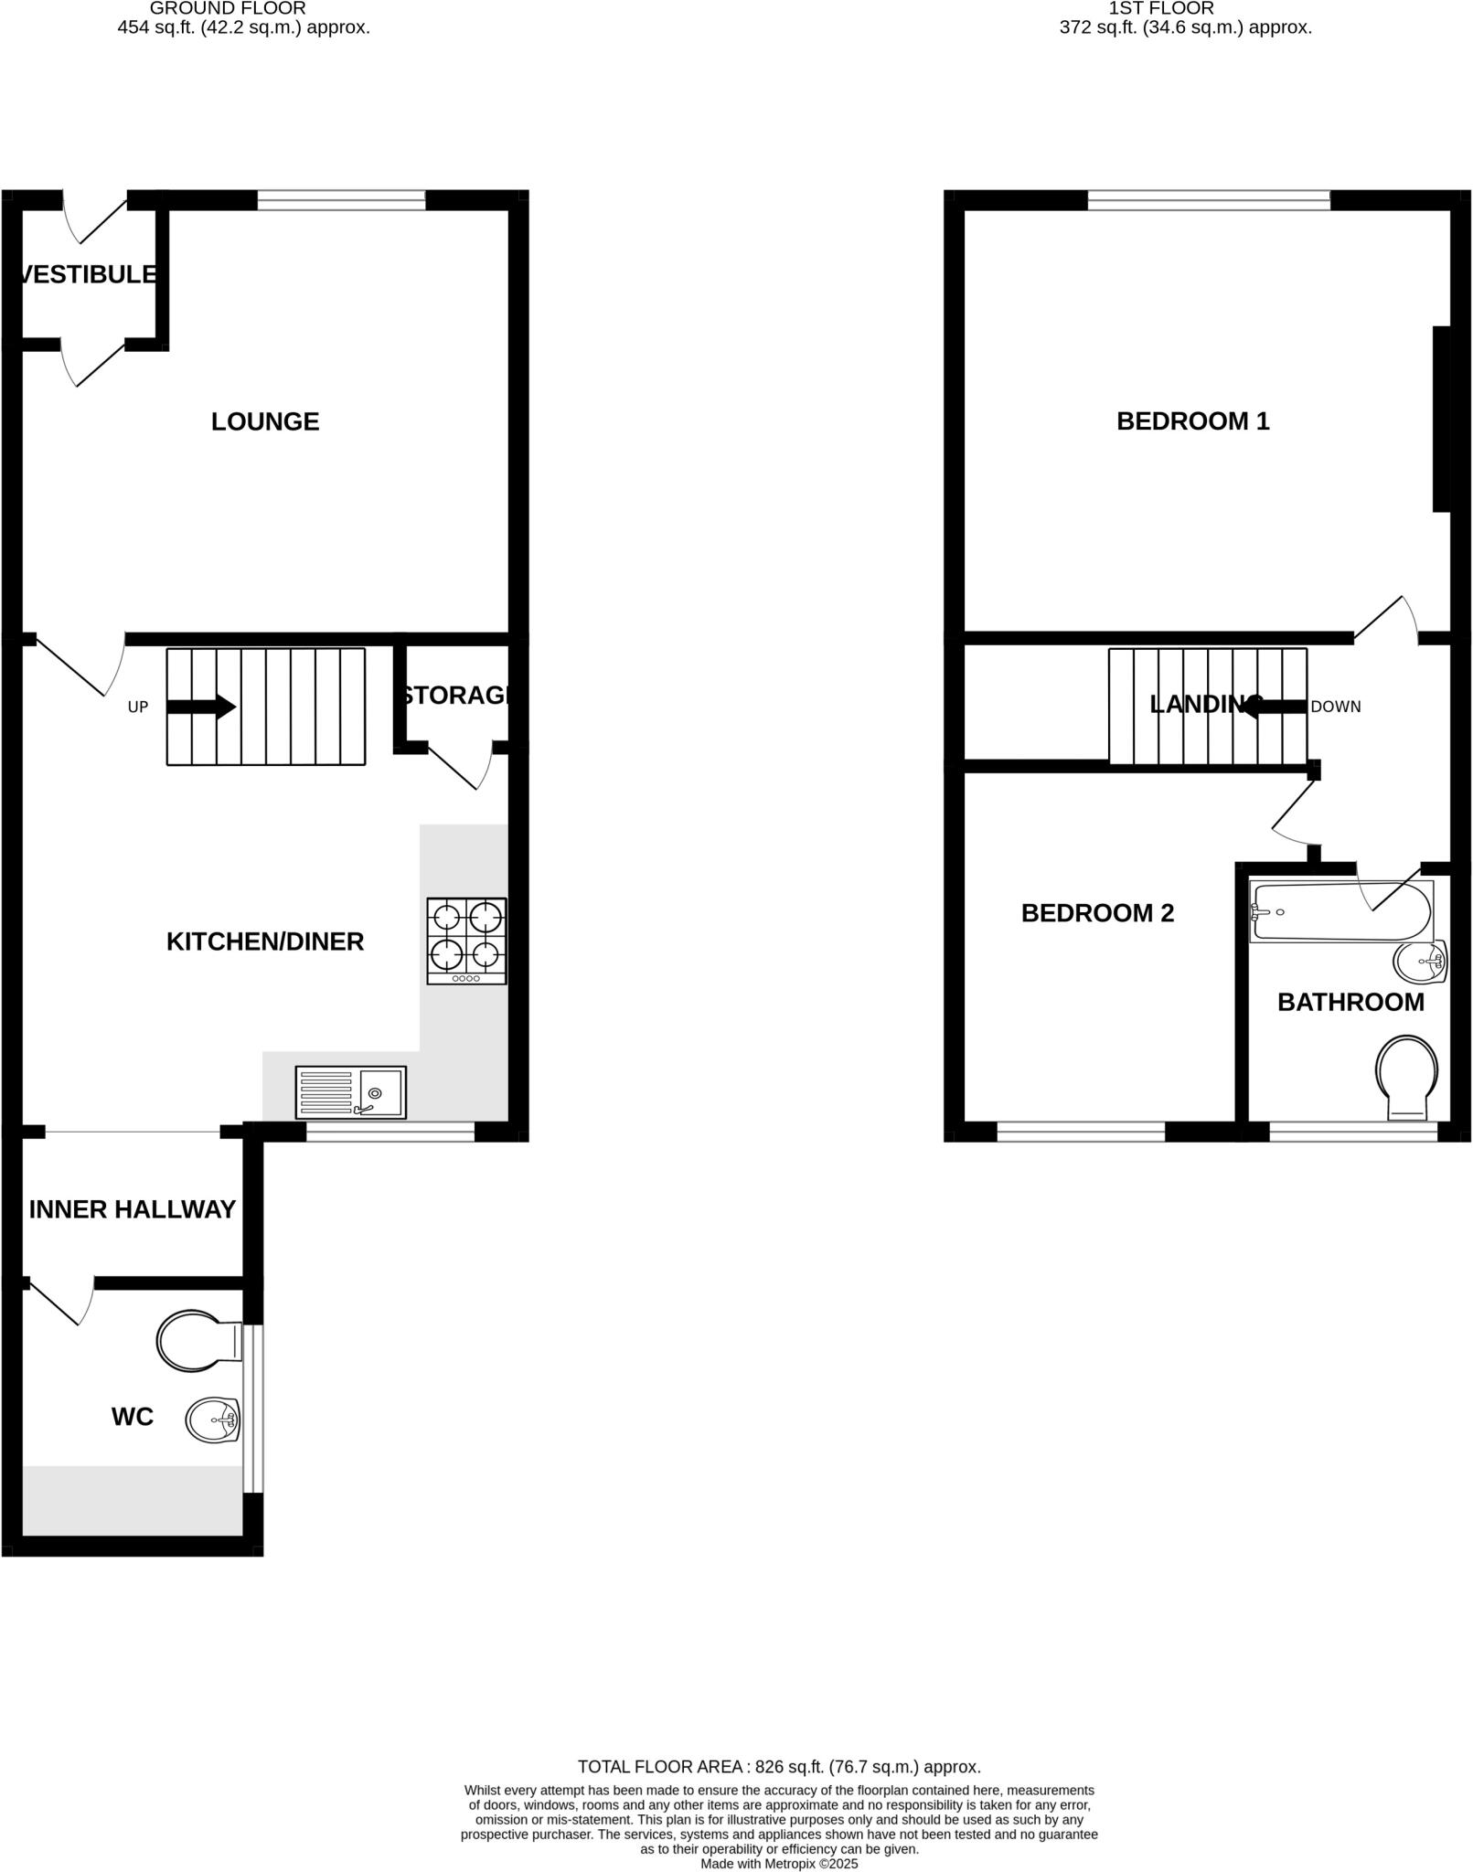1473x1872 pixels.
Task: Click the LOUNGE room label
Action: click(265, 421)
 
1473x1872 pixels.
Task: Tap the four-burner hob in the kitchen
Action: click(466, 941)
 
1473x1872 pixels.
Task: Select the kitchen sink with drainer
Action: click(350, 1092)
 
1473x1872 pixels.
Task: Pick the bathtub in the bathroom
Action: click(1340, 911)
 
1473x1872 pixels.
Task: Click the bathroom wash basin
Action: click(1420, 961)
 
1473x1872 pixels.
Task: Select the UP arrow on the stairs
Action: click(201, 707)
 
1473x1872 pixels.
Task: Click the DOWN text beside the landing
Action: click(1336, 707)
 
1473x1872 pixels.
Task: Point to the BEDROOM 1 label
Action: click(1193, 421)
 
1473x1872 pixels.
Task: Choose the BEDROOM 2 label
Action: click(1097, 913)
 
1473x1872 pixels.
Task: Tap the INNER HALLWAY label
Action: click(133, 1209)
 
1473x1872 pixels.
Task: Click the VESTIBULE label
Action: click(88, 274)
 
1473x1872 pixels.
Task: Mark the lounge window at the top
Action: click(341, 200)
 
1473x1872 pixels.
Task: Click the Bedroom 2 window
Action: click(1081, 1133)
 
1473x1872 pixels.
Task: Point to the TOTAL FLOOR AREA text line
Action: click(779, 1767)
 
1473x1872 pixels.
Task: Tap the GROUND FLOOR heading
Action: click(228, 8)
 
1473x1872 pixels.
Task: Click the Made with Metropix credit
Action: click(779, 1863)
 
